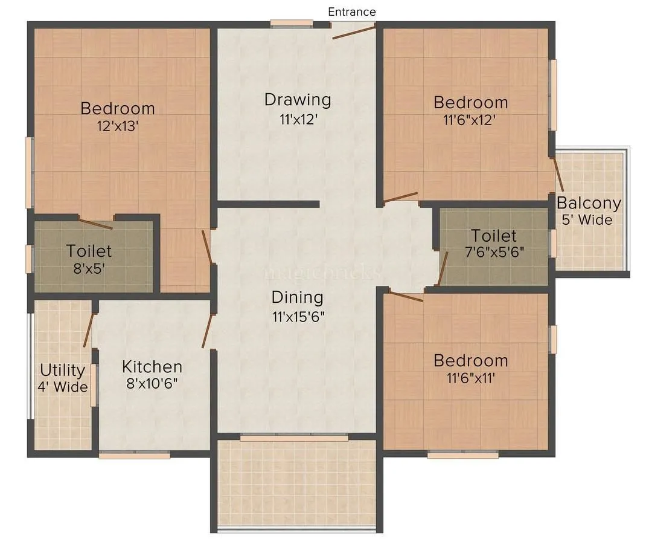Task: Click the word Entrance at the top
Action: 351,12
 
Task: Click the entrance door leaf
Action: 354,31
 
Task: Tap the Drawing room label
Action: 298,99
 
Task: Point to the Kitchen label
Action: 152,366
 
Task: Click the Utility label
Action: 62,369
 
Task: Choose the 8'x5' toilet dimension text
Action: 89,268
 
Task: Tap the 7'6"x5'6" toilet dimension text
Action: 494,252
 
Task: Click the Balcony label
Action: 589,202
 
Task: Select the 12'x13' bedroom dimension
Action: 118,126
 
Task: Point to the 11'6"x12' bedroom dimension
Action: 470,120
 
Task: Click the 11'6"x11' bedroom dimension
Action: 470,378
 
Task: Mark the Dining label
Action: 297,297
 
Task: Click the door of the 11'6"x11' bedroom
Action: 405,296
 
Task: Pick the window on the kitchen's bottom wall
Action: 134,455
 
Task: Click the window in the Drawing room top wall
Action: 291,24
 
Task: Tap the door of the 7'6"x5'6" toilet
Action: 442,268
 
